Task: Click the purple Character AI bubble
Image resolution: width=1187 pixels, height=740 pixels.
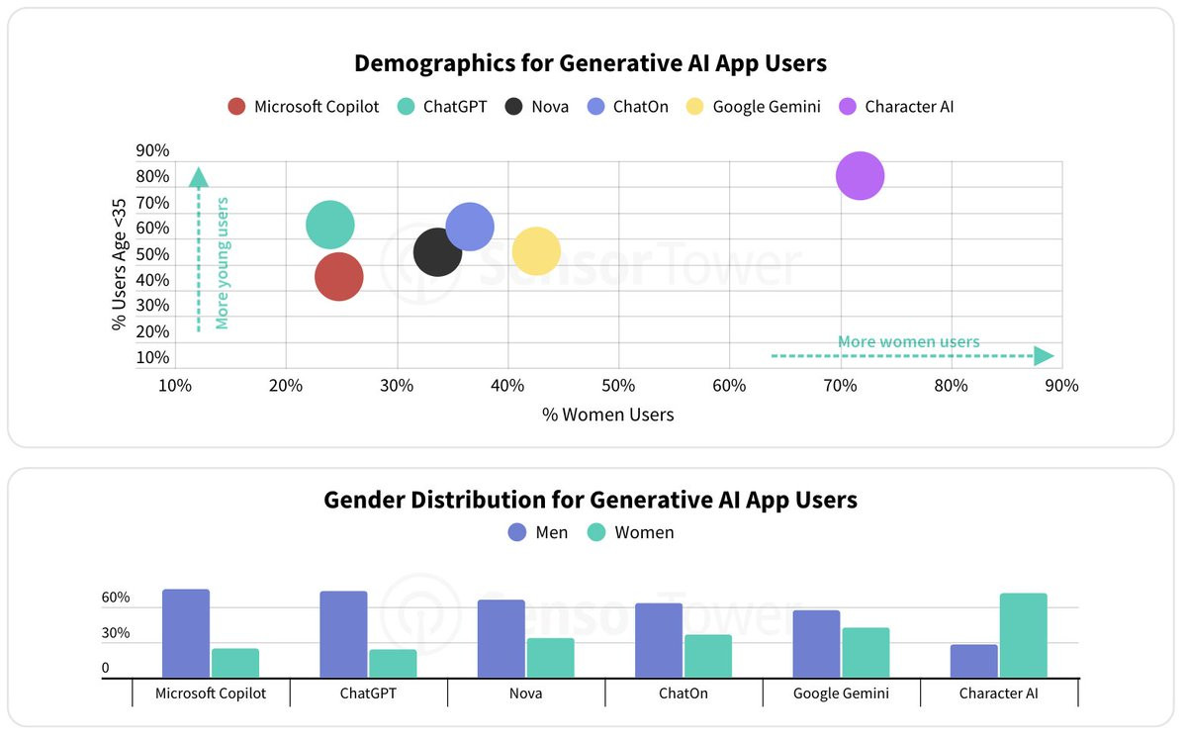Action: click(860, 176)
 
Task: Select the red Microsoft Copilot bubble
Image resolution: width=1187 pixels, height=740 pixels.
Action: click(339, 277)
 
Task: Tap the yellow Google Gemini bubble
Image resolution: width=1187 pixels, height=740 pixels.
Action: click(536, 251)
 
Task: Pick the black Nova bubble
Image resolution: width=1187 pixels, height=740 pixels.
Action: click(437, 251)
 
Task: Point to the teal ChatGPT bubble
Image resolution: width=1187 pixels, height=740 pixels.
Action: click(330, 225)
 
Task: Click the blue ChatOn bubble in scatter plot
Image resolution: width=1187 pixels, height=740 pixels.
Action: click(470, 227)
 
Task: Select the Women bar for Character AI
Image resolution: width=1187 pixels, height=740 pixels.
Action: click(1023, 635)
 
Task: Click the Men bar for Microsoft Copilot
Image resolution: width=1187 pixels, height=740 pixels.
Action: click(186, 633)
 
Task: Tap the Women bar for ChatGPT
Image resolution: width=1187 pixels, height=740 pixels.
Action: click(393, 663)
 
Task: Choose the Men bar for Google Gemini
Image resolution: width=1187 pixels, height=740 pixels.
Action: click(816, 643)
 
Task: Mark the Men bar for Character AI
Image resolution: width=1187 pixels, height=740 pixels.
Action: click(974, 661)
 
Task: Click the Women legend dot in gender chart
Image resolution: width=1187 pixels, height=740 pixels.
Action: click(597, 532)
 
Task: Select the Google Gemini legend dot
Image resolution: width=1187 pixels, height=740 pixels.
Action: click(695, 107)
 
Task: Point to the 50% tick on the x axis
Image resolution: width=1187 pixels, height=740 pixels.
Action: click(618, 385)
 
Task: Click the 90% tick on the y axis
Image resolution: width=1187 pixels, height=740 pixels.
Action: click(152, 150)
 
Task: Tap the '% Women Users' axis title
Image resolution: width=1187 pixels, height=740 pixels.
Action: click(607, 415)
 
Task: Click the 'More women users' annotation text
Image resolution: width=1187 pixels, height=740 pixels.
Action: click(908, 342)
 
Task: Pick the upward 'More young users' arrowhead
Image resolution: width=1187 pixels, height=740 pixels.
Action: click(198, 178)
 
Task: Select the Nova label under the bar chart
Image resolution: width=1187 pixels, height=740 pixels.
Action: click(526, 694)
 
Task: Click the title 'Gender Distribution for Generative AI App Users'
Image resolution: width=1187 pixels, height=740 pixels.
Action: click(591, 500)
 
